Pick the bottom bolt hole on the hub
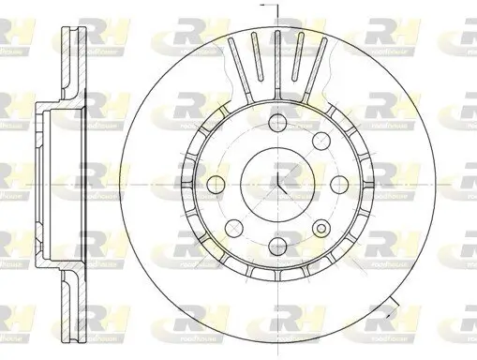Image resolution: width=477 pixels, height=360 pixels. pos(278,246)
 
